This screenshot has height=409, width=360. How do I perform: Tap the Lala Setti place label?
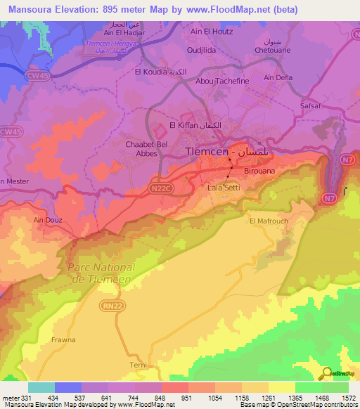(224, 188)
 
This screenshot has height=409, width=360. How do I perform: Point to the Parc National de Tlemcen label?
(102, 273)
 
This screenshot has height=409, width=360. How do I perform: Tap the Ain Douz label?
(48, 220)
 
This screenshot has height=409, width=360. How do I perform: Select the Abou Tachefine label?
(222, 81)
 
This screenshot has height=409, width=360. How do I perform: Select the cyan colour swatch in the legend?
(41, 387)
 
